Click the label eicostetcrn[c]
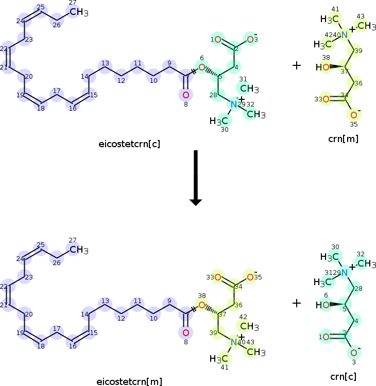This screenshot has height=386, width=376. (x=129, y=144)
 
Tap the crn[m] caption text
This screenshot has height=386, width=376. (x=343, y=138)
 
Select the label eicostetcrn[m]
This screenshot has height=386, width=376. (x=129, y=381)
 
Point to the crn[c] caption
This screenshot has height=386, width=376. (x=343, y=376)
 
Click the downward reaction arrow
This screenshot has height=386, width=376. (x=195, y=178)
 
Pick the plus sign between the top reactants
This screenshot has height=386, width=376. (x=297, y=66)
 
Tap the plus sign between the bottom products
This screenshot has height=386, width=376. (x=297, y=303)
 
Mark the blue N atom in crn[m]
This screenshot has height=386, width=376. (x=344, y=35)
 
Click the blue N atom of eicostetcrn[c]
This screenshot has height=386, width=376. (x=234, y=104)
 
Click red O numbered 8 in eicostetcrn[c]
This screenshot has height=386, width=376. (x=185, y=95)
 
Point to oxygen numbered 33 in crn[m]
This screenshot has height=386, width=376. (x=326, y=99)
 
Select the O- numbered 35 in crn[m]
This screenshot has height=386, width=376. (x=353, y=115)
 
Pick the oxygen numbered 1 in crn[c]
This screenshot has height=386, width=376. (x=326, y=337)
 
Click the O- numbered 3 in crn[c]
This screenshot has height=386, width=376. (x=353, y=353)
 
